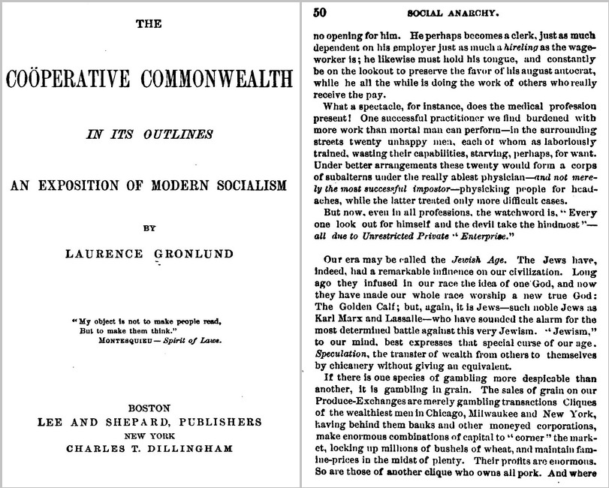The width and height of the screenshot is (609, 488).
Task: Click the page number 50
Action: [x=320, y=12]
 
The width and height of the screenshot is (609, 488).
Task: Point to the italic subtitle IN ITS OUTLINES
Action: [x=148, y=135]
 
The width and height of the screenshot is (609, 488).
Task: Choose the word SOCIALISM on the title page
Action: [x=235, y=185]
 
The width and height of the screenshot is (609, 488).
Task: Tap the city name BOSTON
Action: [x=149, y=408]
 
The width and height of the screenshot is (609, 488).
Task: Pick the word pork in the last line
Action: [x=537, y=474]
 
